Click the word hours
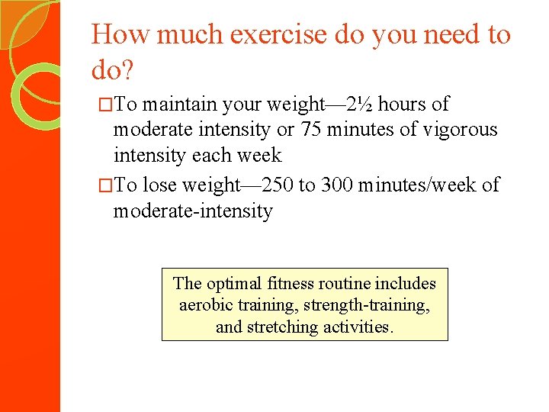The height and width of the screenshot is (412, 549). tap(403, 105)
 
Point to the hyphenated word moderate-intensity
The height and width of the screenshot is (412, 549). tap(193, 211)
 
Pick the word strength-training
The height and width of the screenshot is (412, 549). tap(366, 305)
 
